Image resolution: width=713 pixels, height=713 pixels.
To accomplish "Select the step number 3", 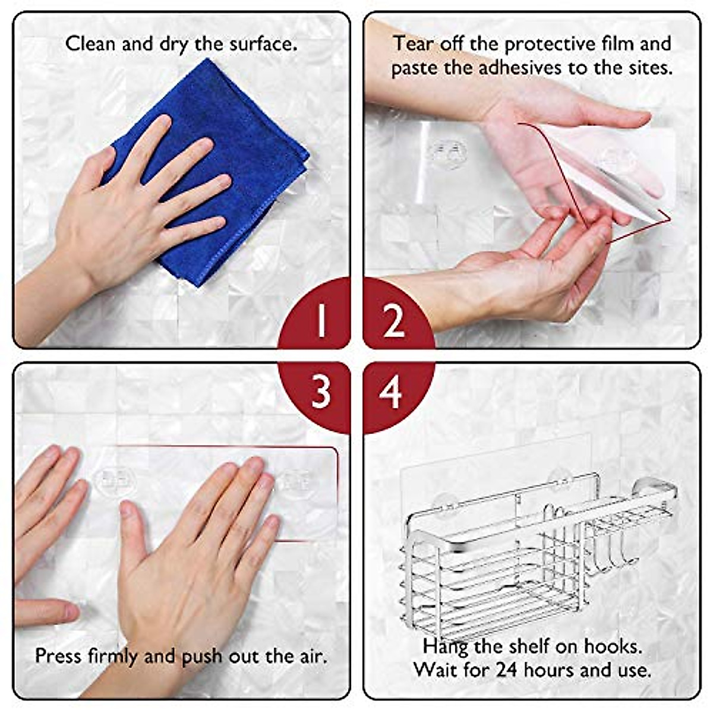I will click(321, 392).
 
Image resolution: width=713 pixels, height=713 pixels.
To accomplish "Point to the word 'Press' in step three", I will click(59, 656).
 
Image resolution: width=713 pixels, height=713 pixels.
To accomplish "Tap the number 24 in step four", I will click(507, 670).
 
